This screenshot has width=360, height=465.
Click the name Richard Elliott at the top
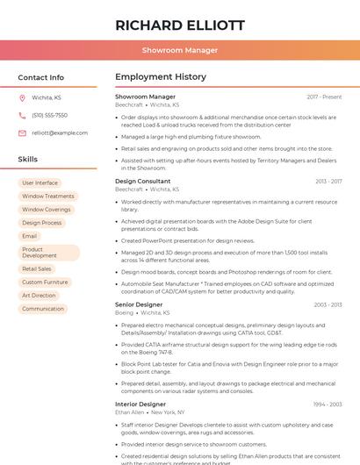pos(179,25)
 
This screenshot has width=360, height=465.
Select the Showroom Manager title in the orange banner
pos(179,51)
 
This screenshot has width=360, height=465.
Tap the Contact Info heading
pos(40,77)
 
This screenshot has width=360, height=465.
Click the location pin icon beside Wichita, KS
pos(22,97)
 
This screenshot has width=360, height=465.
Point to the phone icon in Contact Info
pos(22,115)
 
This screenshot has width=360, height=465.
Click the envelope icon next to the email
pos(22,132)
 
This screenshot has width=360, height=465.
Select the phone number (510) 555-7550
pos(49,115)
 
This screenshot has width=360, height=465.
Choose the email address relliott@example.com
pos(60,132)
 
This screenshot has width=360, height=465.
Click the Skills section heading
pos(28,160)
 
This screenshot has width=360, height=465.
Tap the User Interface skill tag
pos(40,182)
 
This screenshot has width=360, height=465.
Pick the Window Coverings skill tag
pos(47,210)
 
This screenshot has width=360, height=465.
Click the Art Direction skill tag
pos(39,296)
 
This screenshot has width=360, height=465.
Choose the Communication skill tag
pos(43,309)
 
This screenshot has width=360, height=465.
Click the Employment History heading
pos(161,77)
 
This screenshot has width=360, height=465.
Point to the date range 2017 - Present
pos(324,97)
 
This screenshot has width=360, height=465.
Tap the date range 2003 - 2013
pos(328,304)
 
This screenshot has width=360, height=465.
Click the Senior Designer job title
pos(139,304)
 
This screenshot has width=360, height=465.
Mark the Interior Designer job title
pos(140,404)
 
